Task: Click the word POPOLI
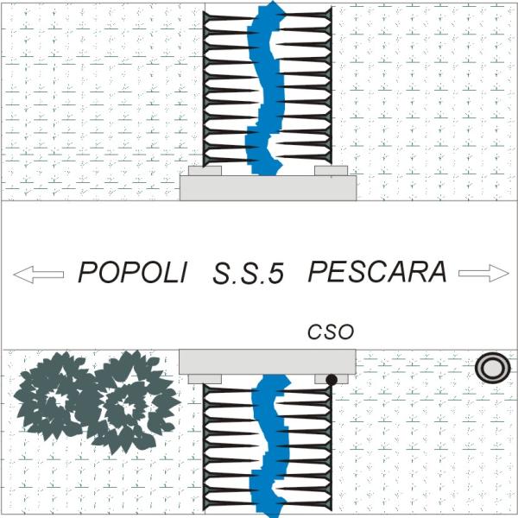(x=133, y=273)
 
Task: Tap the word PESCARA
(x=377, y=273)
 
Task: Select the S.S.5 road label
(x=248, y=275)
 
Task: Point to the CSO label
(x=332, y=332)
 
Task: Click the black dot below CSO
(x=332, y=378)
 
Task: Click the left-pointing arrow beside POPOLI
(x=39, y=274)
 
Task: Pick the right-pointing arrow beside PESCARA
(x=483, y=274)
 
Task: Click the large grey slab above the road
(x=268, y=189)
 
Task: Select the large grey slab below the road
(x=268, y=361)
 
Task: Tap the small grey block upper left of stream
(x=205, y=170)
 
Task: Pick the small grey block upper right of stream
(x=332, y=170)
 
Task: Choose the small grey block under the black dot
(x=332, y=380)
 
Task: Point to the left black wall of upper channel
(x=205, y=86)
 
